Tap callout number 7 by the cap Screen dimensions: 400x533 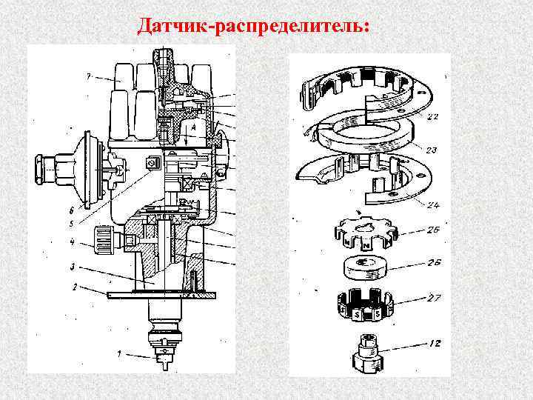click(x=87, y=77)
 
